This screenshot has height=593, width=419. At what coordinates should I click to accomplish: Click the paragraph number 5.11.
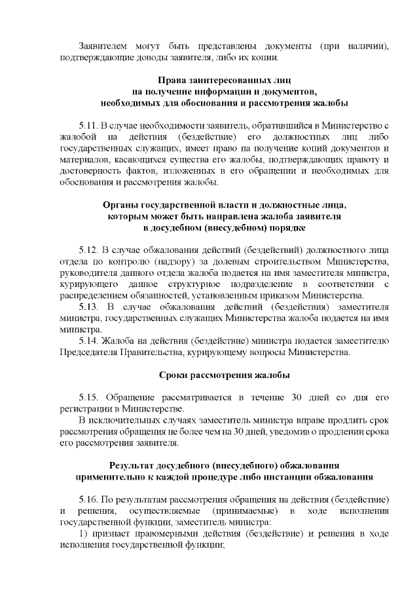88,124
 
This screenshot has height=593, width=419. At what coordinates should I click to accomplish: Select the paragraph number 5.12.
88,250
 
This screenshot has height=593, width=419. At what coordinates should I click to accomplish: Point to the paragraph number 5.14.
88,341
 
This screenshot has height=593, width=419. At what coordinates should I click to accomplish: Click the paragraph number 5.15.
88,398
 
